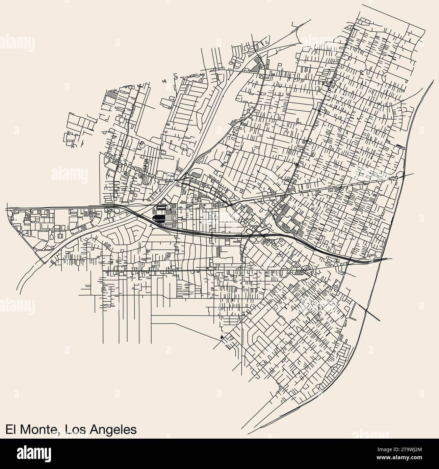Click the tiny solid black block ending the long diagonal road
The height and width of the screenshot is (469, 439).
point(221,337)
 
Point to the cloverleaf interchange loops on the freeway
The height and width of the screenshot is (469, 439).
point(258,233)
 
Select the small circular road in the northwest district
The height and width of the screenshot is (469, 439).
point(142,146)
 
